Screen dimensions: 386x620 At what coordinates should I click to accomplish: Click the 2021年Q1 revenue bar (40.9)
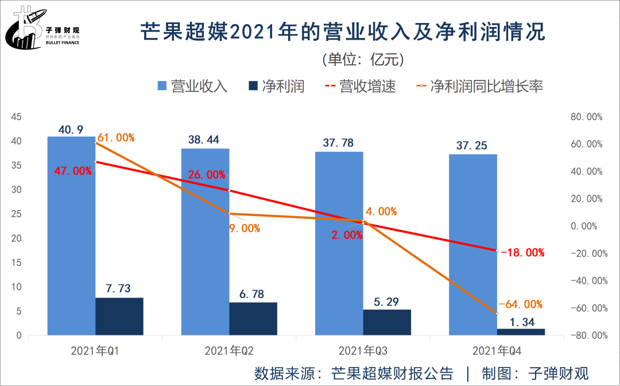[71, 236]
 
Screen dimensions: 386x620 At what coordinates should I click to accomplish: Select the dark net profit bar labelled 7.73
[119, 316]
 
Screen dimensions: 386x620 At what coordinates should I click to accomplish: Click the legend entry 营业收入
[192, 87]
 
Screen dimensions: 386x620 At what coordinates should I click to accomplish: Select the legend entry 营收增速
[360, 87]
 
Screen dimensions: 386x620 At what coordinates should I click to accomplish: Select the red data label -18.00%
[522, 253]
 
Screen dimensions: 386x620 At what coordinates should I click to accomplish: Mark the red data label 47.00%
[72, 171]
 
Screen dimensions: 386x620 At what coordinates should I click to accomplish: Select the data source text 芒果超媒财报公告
[392, 373]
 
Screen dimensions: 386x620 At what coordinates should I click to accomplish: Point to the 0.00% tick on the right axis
[586, 226]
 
